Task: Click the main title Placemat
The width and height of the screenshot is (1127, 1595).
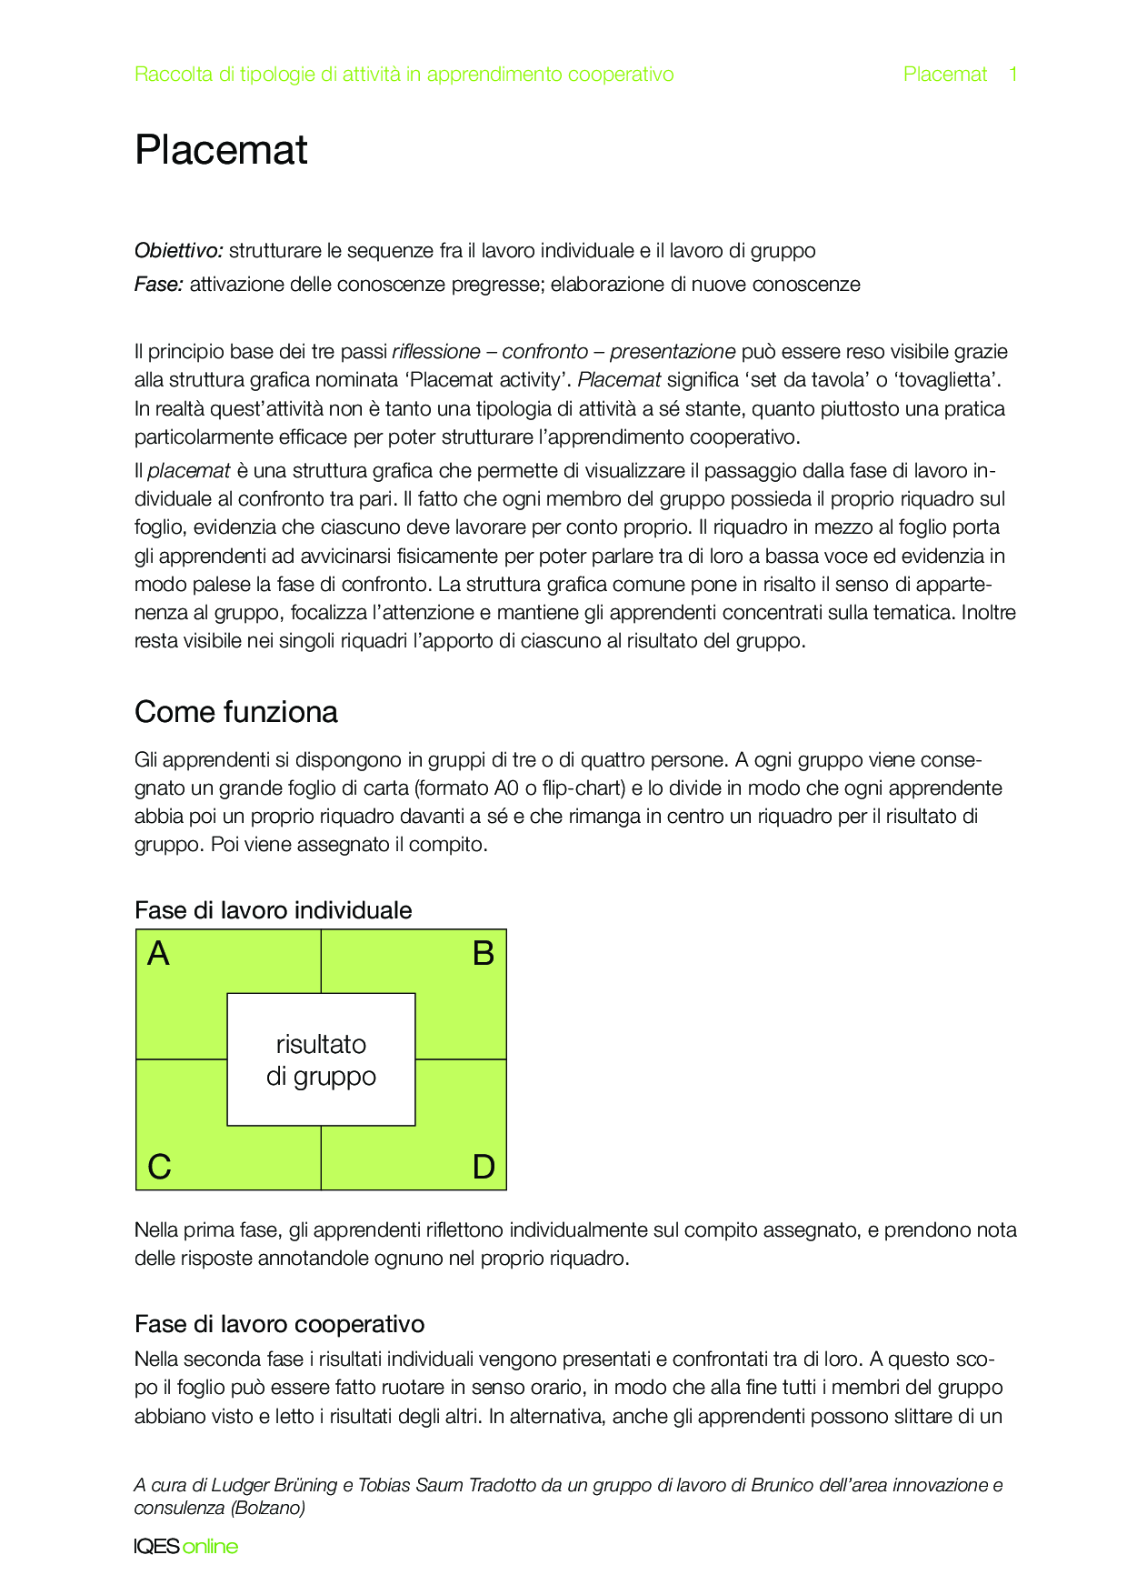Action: click(x=221, y=150)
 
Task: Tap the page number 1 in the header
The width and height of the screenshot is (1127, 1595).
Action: click(x=1012, y=75)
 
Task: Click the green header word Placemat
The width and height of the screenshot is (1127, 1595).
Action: click(x=944, y=75)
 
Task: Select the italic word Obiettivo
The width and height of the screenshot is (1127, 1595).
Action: click(x=178, y=251)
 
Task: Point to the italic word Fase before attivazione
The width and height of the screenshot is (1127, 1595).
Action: click(x=158, y=285)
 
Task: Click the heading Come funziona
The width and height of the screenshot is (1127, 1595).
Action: click(x=235, y=712)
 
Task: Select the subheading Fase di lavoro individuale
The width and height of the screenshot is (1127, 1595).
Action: click(x=273, y=910)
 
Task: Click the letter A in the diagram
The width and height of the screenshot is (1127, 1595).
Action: click(x=158, y=954)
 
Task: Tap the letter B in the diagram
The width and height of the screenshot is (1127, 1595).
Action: click(x=484, y=954)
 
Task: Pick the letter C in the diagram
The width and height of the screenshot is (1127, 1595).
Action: click(x=159, y=1167)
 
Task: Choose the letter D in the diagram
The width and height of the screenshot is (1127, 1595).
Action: click(x=484, y=1167)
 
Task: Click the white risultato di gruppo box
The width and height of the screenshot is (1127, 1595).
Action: click(x=321, y=1059)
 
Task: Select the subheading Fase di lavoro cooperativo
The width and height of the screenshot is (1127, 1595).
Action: click(x=279, y=1324)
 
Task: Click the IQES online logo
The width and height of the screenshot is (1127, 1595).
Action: click(x=185, y=1547)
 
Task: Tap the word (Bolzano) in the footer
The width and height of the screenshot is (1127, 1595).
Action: click(x=267, y=1509)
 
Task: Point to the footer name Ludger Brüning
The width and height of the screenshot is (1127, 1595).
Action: click(x=274, y=1486)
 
